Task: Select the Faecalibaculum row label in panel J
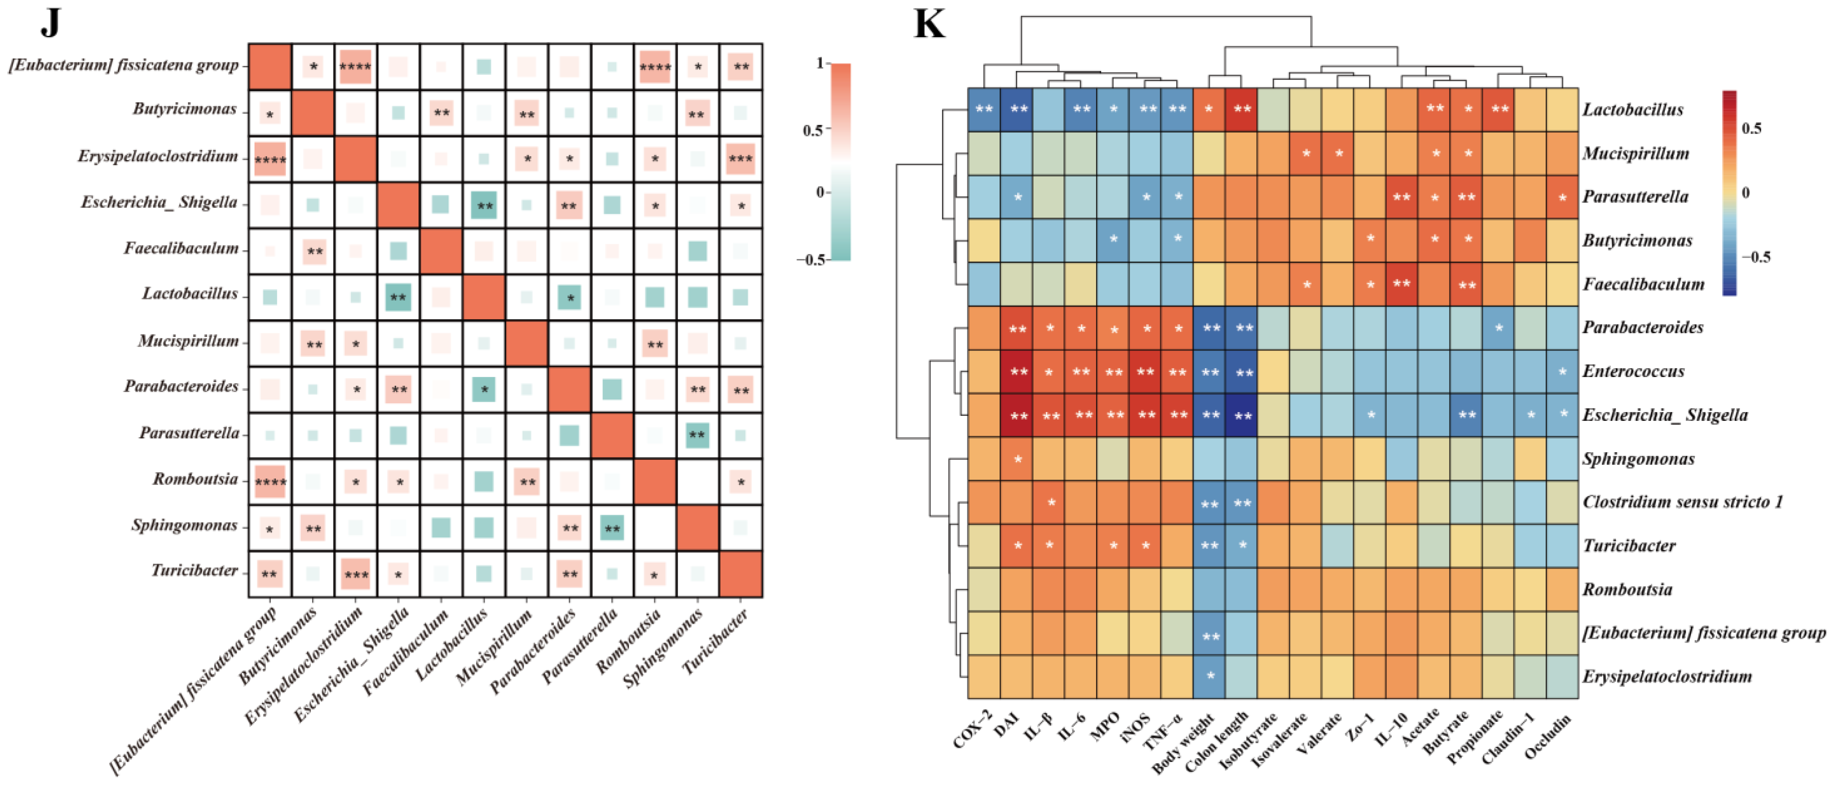pos(181,248)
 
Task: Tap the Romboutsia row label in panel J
pos(196,479)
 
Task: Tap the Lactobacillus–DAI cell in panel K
pos(1017,109)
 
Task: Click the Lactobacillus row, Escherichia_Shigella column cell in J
pos(398,297)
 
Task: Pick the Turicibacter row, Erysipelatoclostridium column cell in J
pos(355,574)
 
